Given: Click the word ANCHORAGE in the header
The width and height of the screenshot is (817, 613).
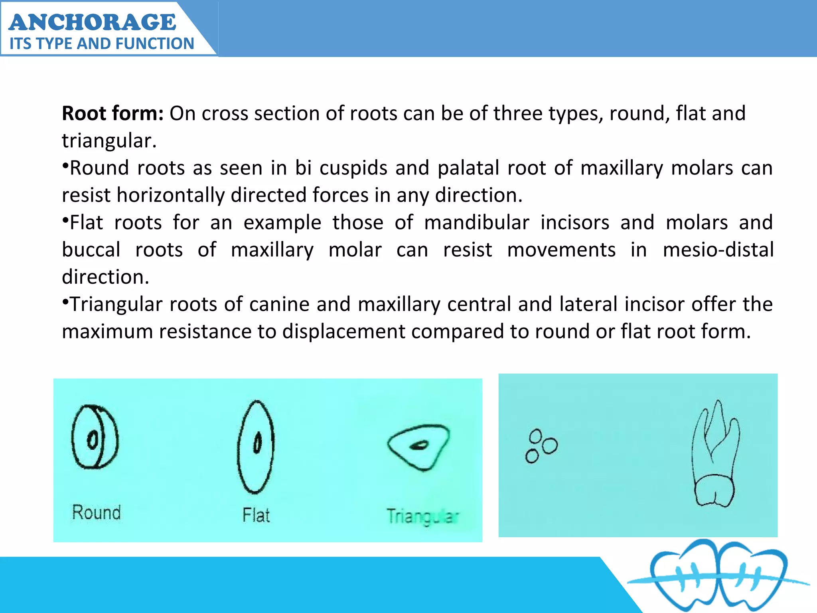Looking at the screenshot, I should coord(92,22).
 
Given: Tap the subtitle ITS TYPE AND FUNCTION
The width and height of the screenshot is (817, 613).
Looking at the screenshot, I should coord(102,44).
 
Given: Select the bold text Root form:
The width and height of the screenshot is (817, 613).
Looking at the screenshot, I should coord(112,114).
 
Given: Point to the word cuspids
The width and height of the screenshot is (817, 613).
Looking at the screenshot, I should coord(353,168).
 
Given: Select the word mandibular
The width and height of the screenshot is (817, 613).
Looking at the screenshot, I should coord(477,223).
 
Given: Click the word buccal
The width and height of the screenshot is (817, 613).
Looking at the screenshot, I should coord(91,250).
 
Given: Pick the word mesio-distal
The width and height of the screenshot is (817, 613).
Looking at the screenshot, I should coord(718,250).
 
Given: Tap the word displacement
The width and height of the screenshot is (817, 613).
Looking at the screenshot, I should coord(343,332).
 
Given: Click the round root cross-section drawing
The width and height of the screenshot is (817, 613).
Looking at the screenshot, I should coord(95,437).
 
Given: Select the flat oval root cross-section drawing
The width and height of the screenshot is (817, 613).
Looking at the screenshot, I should coord(256,447).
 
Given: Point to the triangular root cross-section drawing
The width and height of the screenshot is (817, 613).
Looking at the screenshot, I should coord(418,447).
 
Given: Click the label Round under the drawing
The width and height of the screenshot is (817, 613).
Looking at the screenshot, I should coord(96,512).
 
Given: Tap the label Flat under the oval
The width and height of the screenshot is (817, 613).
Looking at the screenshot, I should coord(256,515).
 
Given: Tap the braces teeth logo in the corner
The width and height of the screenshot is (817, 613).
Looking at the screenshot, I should coord(718,577).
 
